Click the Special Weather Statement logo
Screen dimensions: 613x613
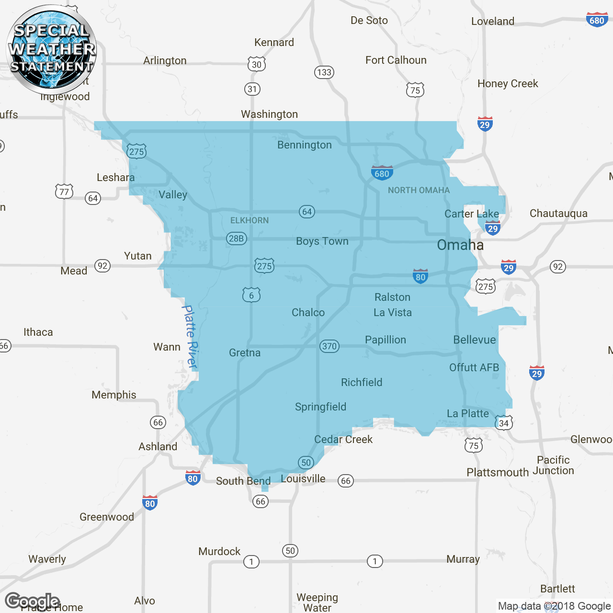tap(51, 49)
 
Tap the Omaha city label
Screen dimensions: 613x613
tap(460, 245)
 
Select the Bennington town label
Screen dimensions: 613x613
tap(304, 145)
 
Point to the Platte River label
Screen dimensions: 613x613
tap(191, 337)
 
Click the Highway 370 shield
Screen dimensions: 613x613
tap(329, 346)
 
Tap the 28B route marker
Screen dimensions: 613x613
tap(236, 238)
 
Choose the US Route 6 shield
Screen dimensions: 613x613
tap(251, 295)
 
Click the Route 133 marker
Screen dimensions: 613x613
tap(324, 72)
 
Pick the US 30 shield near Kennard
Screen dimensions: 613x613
tap(257, 64)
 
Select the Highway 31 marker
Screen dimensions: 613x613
tap(252, 89)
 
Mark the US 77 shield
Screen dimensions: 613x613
tap(64, 192)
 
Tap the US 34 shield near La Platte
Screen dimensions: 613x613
tap(504, 423)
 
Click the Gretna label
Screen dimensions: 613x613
tap(245, 353)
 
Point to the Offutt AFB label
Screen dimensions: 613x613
tap(474, 368)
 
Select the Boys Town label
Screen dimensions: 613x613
tap(322, 241)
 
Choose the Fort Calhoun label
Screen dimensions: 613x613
tap(396, 60)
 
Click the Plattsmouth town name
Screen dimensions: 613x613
tap(498, 473)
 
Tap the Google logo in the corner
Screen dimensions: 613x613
tap(32, 601)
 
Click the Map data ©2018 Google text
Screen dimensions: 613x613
tap(554, 606)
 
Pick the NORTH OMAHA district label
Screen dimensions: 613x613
tap(419, 191)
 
